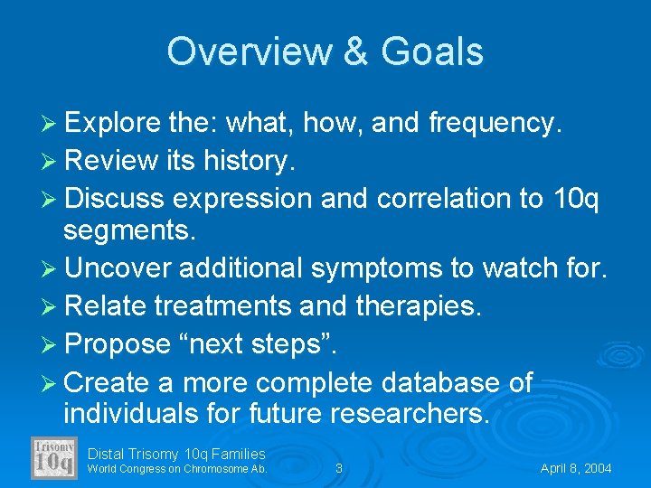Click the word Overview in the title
pos(235,52)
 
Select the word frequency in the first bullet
pos(492,123)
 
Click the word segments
pos(128,230)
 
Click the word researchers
pos(410,415)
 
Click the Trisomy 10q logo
pos(54,458)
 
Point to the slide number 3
pos(338,468)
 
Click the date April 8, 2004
pos(576,468)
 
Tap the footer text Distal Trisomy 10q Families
pos(176,454)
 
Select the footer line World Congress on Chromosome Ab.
pos(176,468)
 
